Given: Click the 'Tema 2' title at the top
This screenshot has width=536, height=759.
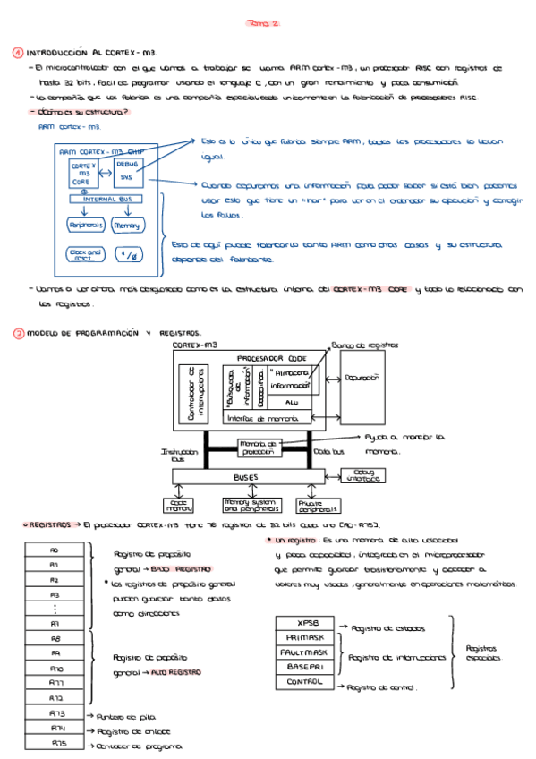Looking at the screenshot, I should point(263,24).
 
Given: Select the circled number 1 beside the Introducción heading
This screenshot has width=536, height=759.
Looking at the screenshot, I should point(17,53).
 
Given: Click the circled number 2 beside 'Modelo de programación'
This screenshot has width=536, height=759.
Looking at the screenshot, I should point(17,333).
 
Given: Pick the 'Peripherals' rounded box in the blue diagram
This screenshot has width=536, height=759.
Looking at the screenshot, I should point(86,226).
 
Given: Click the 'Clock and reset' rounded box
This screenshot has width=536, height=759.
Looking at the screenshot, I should point(85,254).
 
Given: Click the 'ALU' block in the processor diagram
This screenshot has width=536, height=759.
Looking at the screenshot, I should point(290,403).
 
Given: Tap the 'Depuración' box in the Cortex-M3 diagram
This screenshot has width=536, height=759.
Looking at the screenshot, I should point(362,379).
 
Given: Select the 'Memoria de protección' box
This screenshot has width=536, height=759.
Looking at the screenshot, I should point(260,447).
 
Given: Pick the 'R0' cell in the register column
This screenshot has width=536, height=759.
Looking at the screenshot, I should point(54,550).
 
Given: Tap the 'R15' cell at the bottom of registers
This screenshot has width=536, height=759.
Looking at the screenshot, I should point(58,743).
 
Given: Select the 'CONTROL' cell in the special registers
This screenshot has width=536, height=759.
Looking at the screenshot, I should point(304,681).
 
